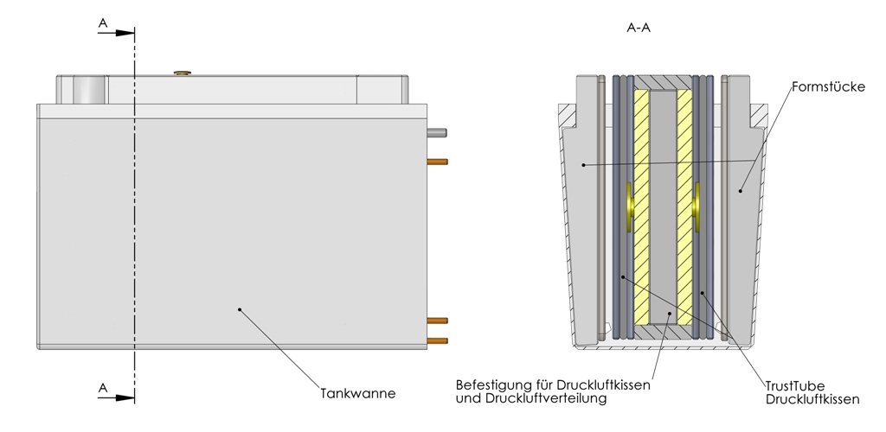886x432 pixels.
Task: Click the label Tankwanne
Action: (x=358, y=393)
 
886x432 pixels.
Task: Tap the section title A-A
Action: (x=639, y=28)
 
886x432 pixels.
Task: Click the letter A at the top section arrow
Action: (x=103, y=24)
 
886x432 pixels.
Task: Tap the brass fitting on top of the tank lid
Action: (x=182, y=74)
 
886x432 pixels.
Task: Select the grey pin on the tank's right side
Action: (x=438, y=133)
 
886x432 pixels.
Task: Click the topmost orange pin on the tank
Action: (x=438, y=161)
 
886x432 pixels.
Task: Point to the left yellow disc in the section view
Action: (x=629, y=207)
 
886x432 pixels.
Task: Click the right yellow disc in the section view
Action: (x=697, y=207)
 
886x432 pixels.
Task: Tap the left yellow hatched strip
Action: (x=641, y=207)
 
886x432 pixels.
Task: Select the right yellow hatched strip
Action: (x=684, y=207)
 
